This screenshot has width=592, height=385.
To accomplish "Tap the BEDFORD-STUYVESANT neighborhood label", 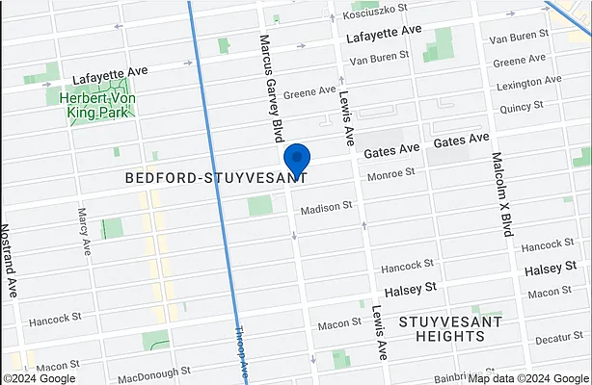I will point(216,178).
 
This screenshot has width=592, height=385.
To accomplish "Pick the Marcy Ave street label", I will point(85,231).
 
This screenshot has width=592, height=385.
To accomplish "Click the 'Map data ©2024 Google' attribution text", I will point(544,377).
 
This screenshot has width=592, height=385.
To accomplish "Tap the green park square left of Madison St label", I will point(260,205).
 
